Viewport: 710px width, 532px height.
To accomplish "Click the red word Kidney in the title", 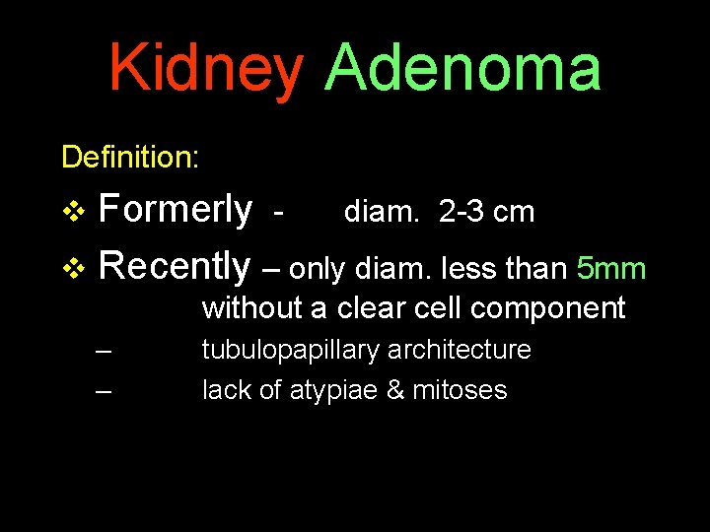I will (206, 69).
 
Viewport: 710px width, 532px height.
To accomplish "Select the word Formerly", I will (176, 210).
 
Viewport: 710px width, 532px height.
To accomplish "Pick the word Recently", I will (176, 266).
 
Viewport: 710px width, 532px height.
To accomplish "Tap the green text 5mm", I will (611, 268).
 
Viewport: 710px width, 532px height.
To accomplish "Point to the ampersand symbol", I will (394, 390).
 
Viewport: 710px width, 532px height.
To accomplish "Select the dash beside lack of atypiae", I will (105, 391).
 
